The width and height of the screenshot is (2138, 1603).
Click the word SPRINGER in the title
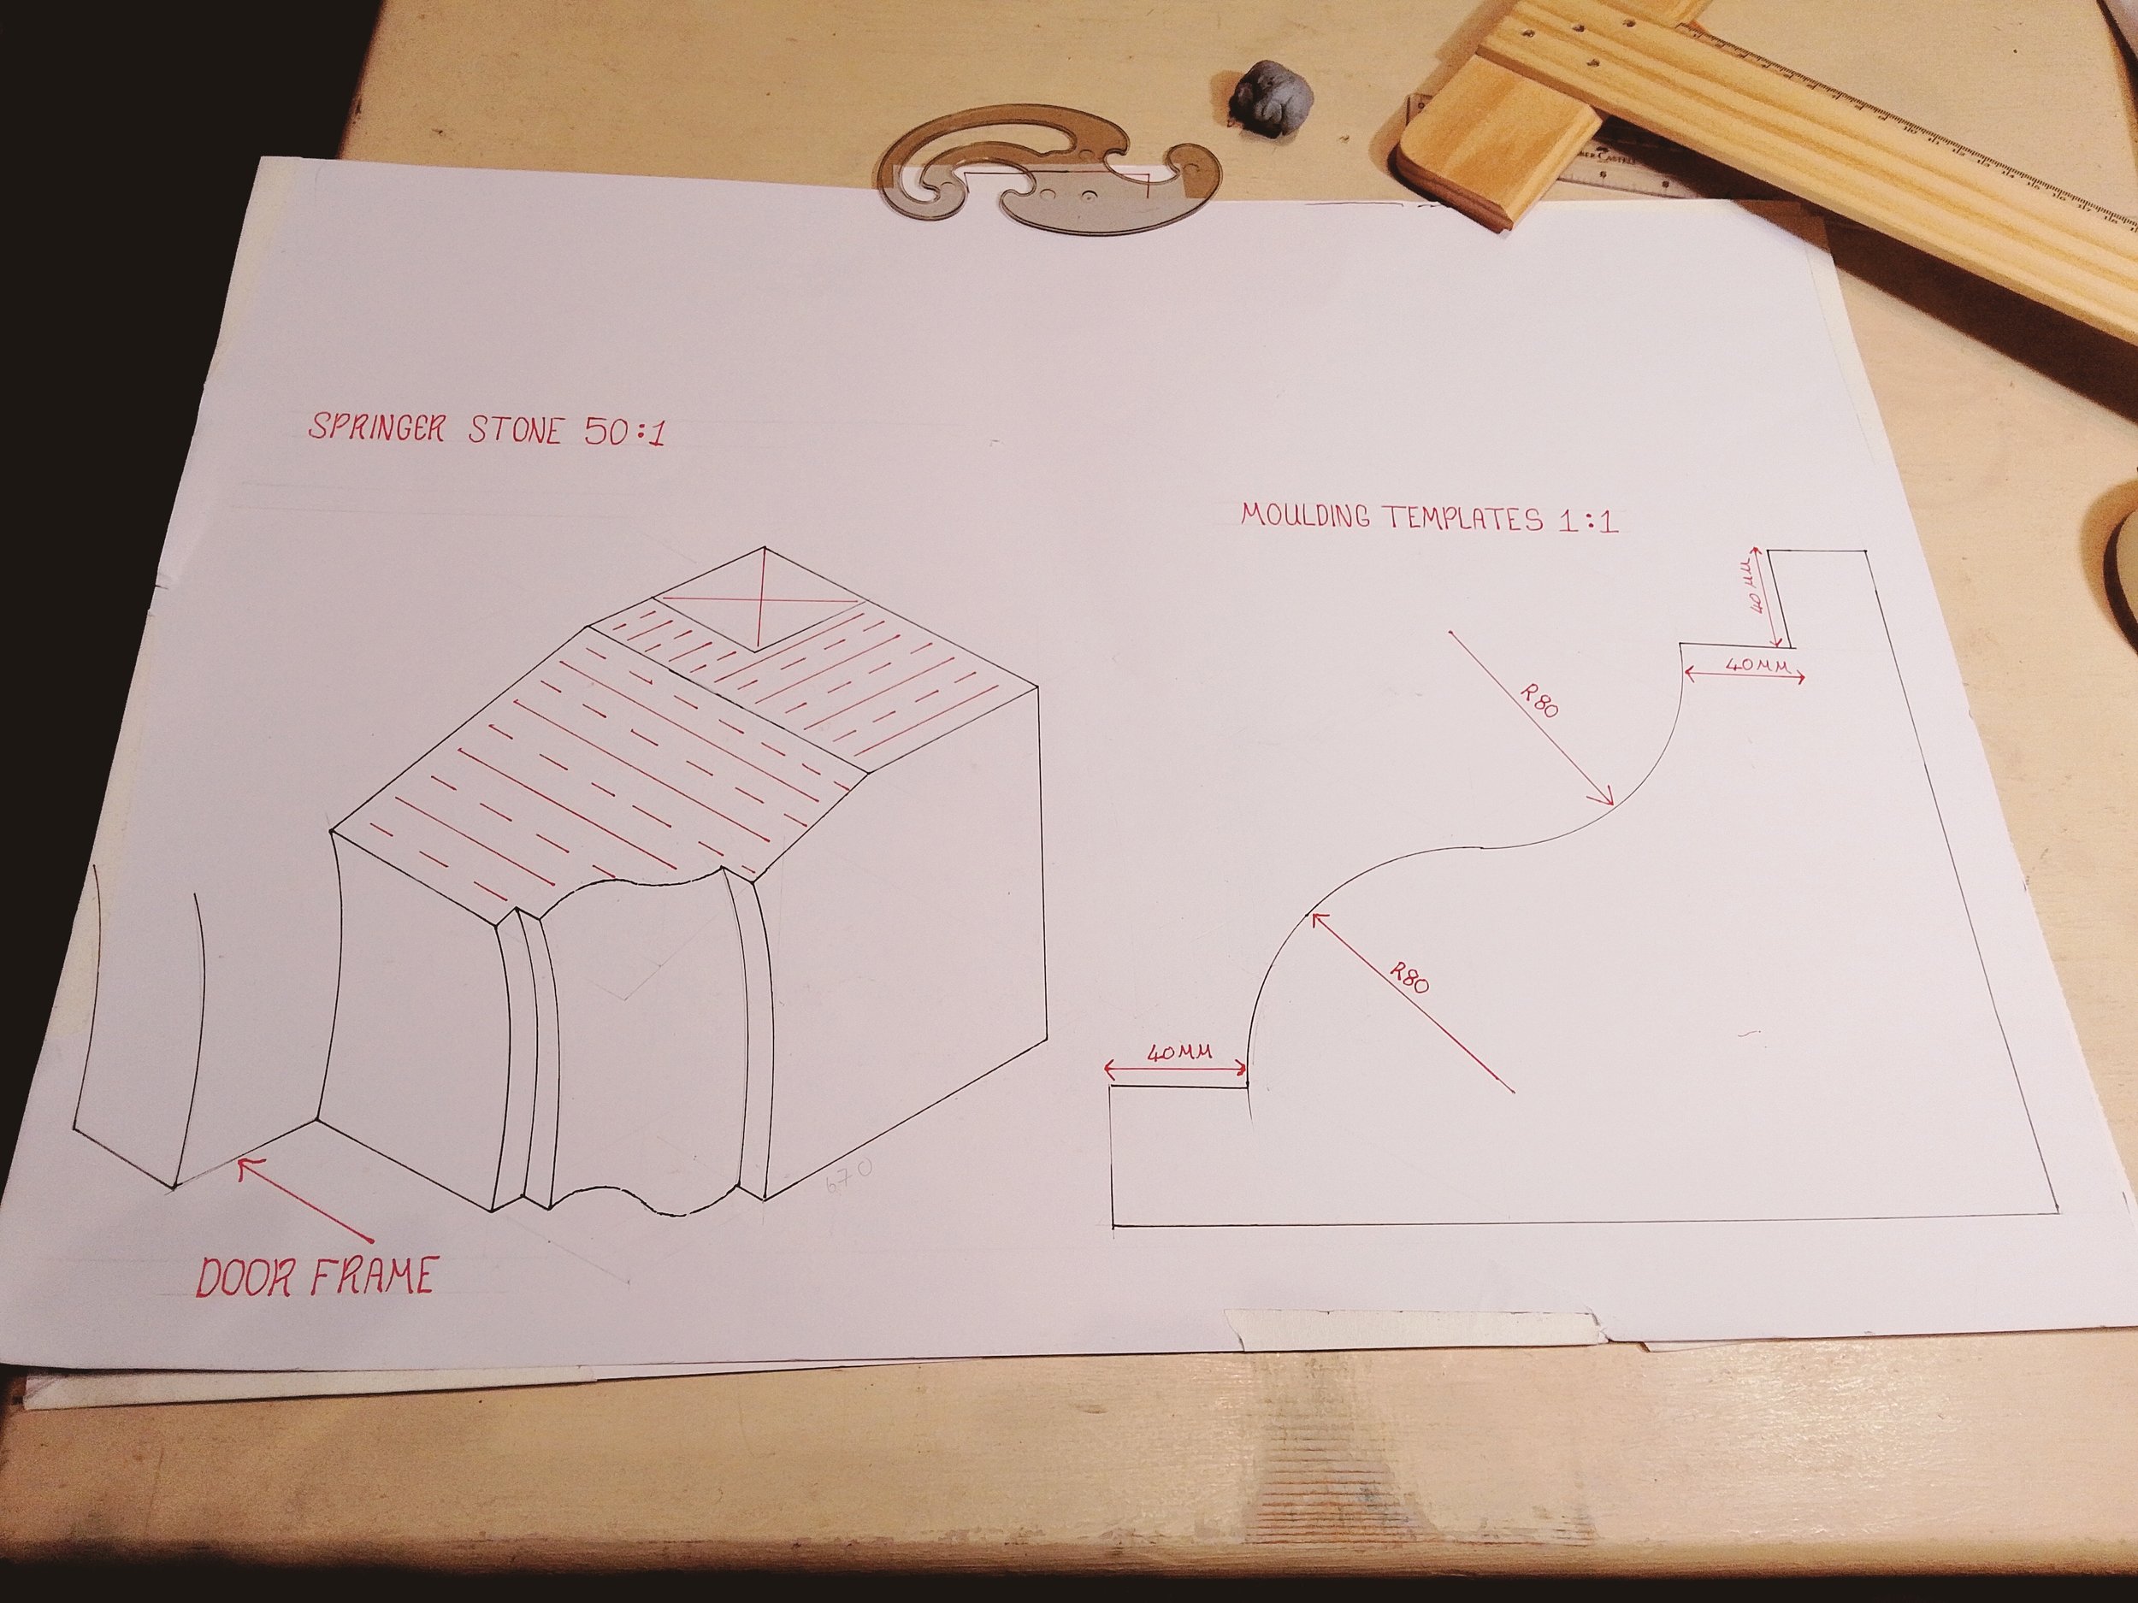(376, 427)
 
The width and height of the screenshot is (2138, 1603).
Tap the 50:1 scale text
(624, 432)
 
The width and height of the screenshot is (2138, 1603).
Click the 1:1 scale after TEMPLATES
(1586, 522)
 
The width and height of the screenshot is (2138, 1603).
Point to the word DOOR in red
(250, 1277)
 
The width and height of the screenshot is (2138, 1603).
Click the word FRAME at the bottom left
(371, 1277)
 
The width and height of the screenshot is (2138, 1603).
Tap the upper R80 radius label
(1539, 699)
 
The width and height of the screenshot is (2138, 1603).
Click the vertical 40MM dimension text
(1757, 589)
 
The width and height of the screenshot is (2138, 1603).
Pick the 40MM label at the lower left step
(1179, 1052)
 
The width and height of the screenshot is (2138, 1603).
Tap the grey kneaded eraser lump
(1267, 95)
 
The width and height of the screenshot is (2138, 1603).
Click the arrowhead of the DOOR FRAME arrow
(245, 1165)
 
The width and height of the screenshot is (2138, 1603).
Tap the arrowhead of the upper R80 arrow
(1609, 800)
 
